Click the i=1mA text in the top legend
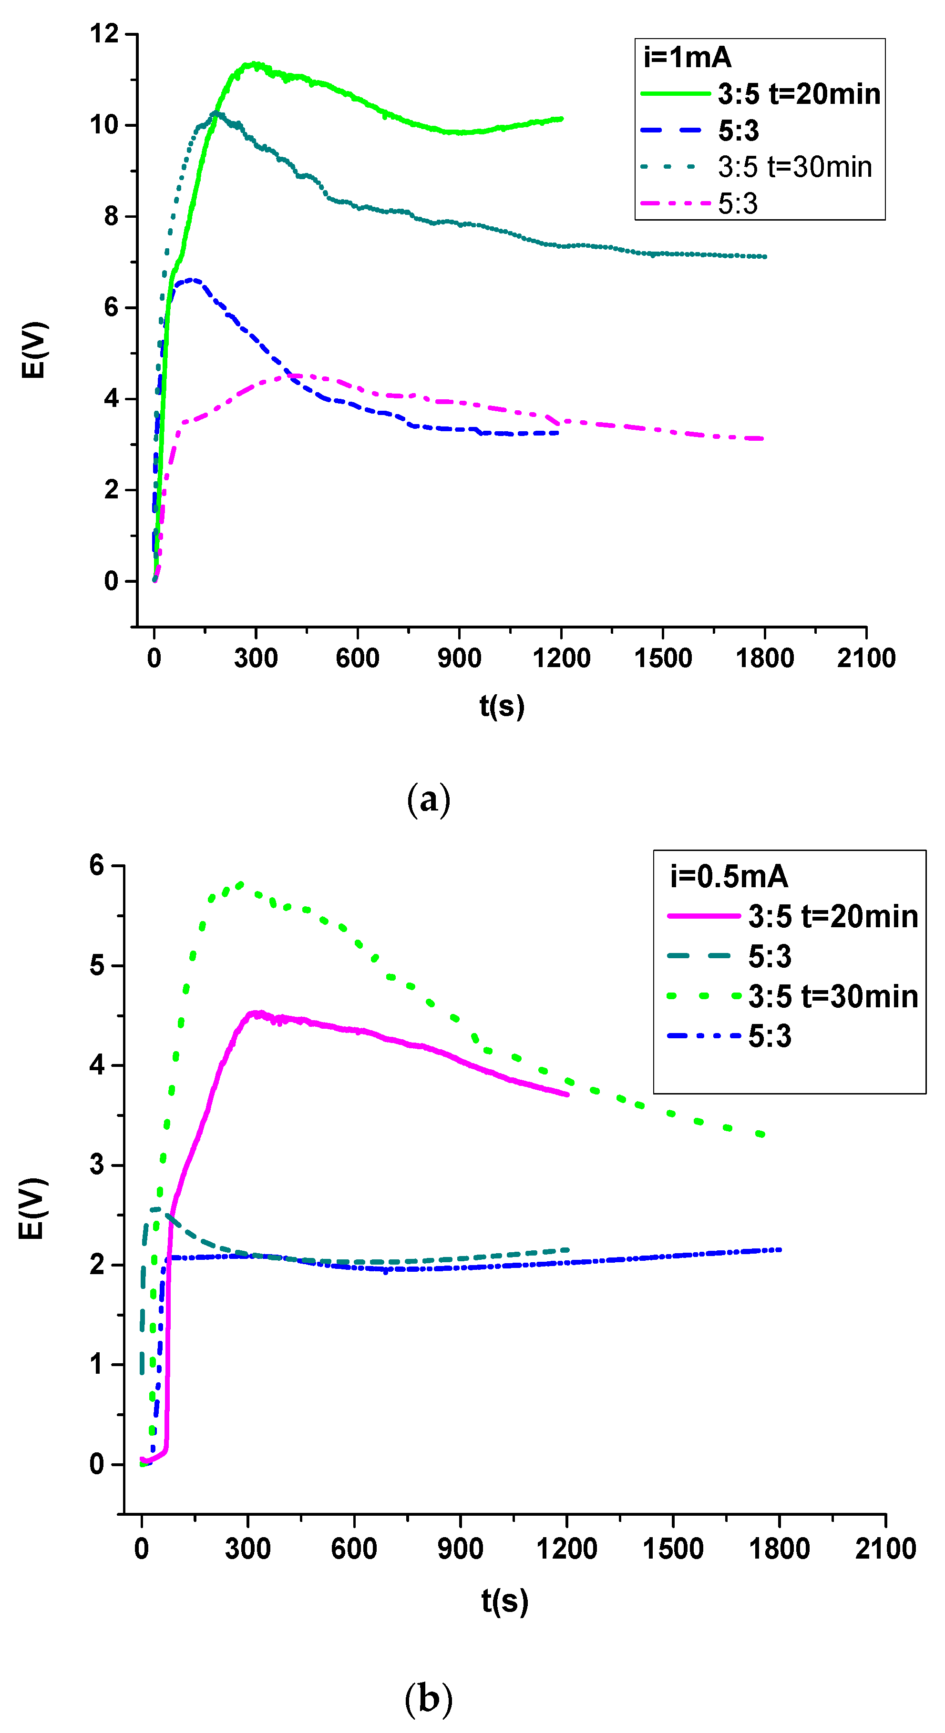[x=687, y=57]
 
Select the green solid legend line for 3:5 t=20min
[x=675, y=93]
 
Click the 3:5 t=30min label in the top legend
[x=794, y=167]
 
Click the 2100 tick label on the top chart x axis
[x=865, y=658]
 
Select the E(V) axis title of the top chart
[x=34, y=350]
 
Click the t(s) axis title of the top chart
[x=502, y=706]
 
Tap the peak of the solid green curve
[x=255, y=65]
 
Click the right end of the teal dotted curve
[x=765, y=256]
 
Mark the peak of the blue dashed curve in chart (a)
[x=193, y=279]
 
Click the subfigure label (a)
[x=428, y=799]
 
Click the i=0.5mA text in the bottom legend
[x=728, y=876]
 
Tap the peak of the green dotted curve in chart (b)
[x=240, y=884]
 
